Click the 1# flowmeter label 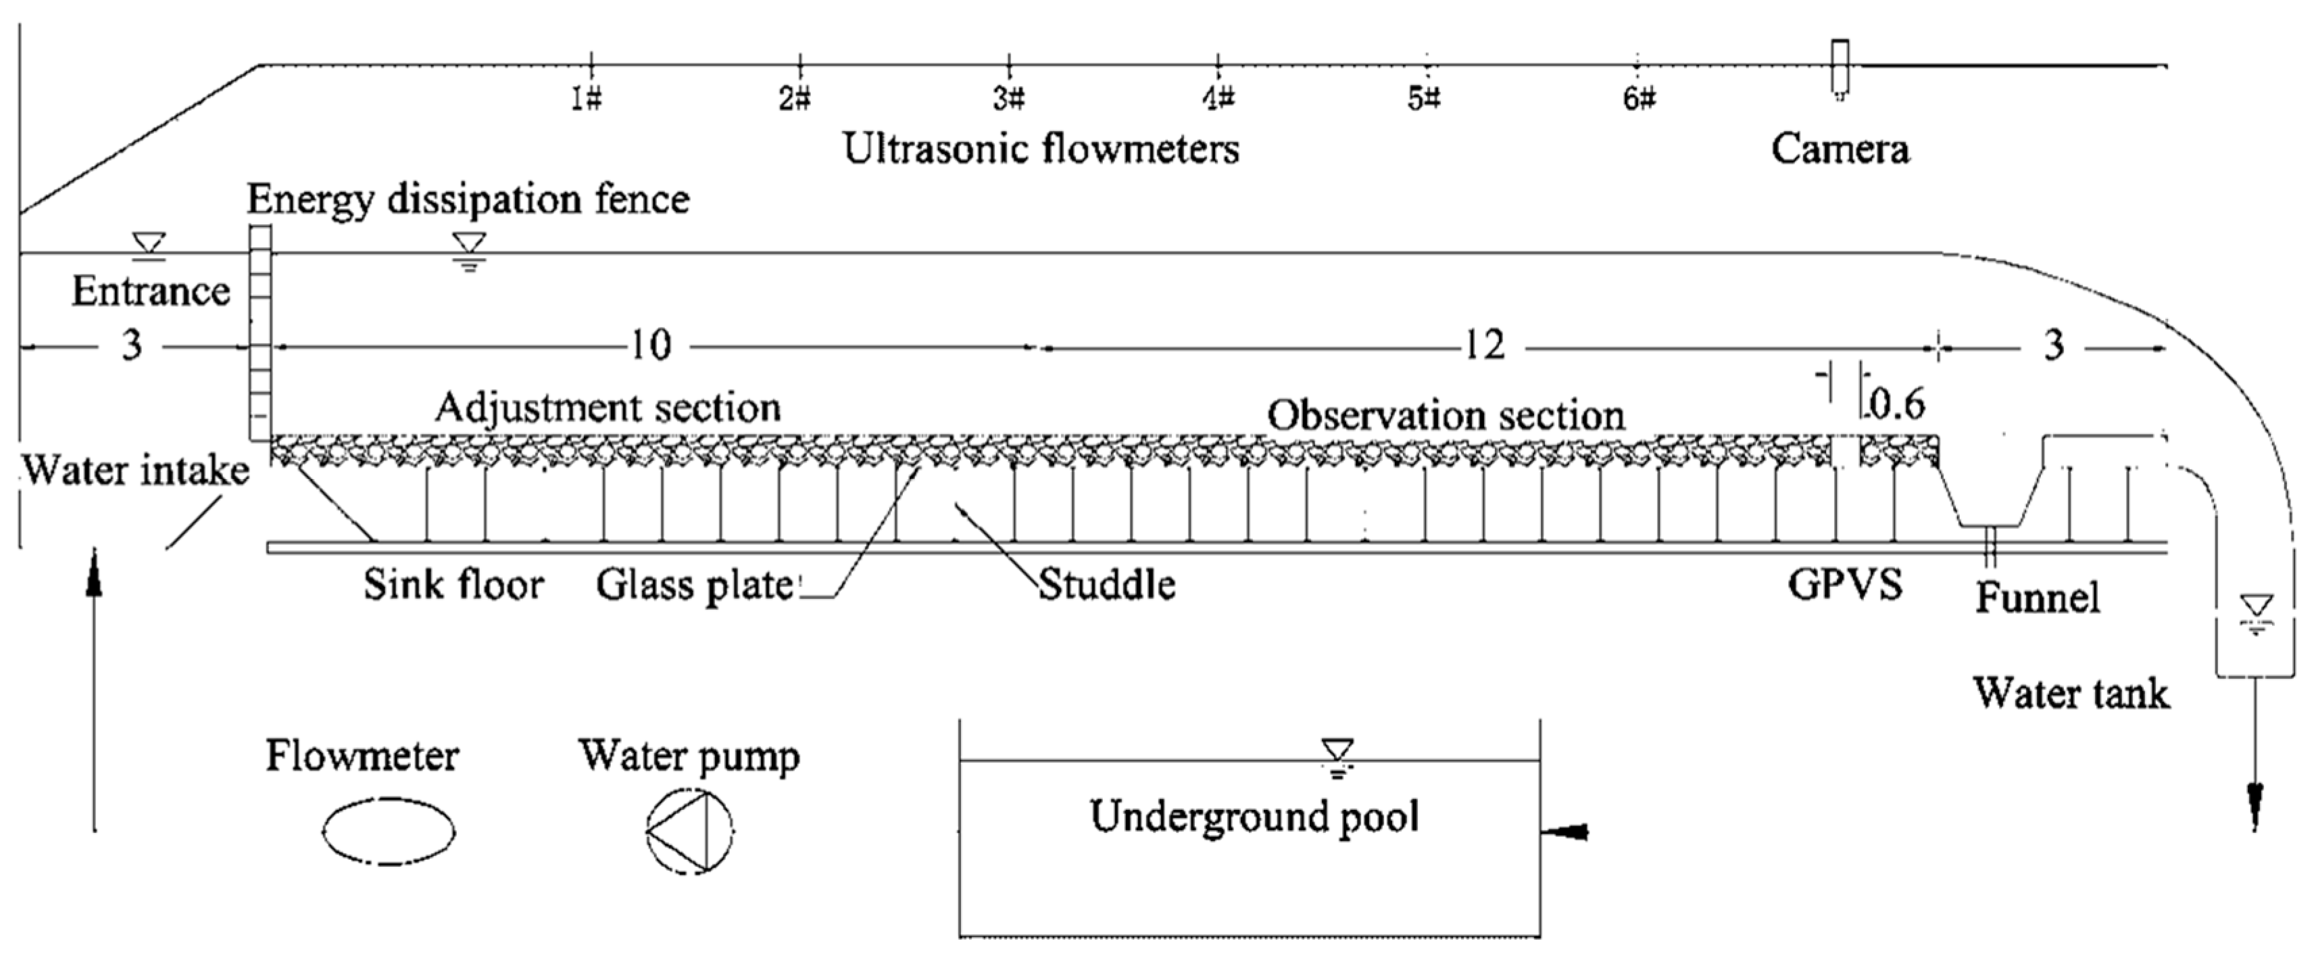click(587, 98)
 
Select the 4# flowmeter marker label click(1219, 98)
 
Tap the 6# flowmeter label click(1638, 99)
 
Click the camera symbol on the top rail click(1840, 68)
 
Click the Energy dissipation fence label click(468, 199)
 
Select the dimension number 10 click(650, 345)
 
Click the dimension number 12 click(1484, 345)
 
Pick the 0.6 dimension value click(1896, 406)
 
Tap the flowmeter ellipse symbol click(388, 832)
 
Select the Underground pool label click(1254, 816)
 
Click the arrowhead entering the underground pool click(1567, 832)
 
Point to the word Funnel click(2036, 597)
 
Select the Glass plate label click(694, 586)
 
